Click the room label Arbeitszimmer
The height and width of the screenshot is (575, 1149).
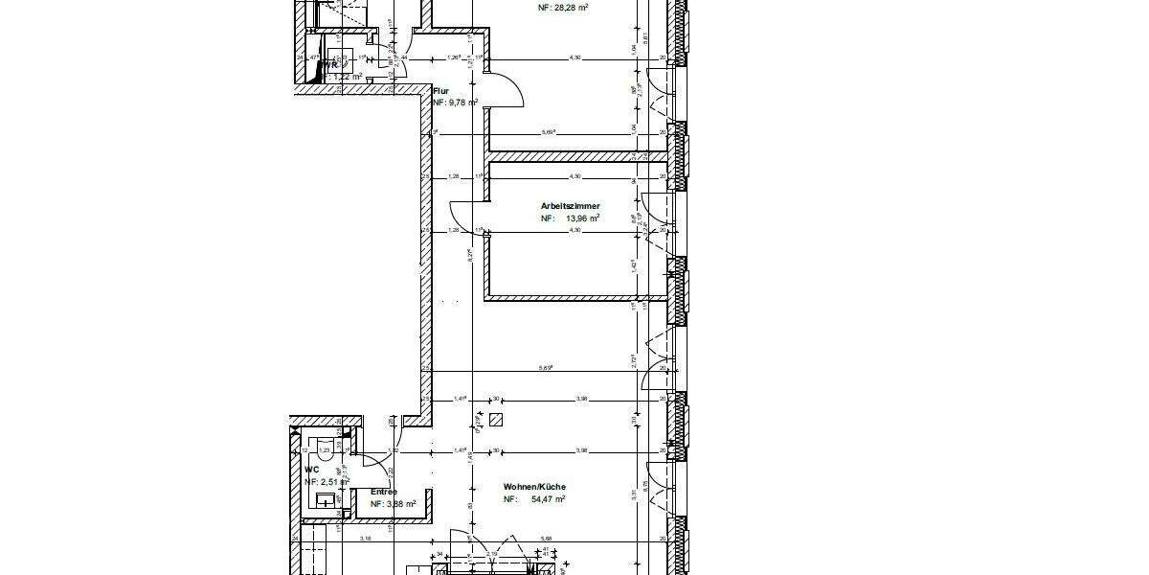click(571, 205)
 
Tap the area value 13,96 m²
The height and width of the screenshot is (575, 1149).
click(582, 218)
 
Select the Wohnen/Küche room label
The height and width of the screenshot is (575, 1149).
click(534, 487)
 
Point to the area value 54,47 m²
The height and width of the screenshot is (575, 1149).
click(547, 499)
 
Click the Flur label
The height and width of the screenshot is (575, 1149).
click(441, 91)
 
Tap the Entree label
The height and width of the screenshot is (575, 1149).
click(384, 492)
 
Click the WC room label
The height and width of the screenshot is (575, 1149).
click(311, 470)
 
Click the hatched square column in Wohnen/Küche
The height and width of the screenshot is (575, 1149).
click(495, 420)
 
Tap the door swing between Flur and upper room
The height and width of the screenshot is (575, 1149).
click(507, 93)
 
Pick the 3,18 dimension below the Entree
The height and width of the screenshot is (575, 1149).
click(366, 539)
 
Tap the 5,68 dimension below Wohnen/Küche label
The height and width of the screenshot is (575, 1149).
click(547, 539)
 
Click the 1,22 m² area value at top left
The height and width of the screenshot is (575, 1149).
click(347, 77)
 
